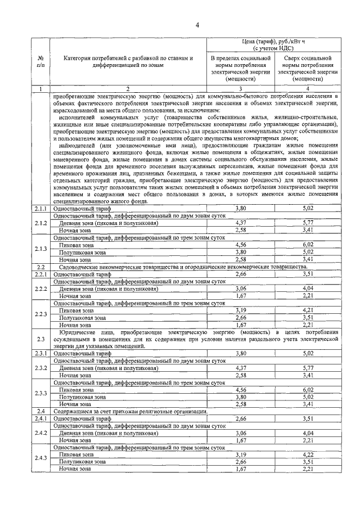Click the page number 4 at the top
(197, 24)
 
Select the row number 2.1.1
(40, 208)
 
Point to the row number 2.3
(40, 339)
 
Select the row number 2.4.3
(40, 458)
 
